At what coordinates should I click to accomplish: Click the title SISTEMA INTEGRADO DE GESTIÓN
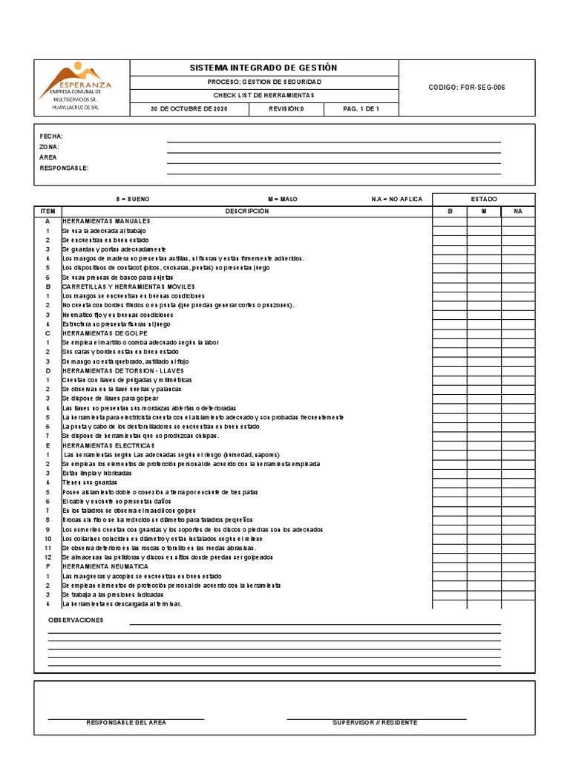point(263,68)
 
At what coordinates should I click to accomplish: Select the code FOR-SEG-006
point(467,88)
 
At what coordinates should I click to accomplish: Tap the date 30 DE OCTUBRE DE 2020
point(189,108)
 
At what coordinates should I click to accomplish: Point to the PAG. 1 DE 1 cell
point(361,108)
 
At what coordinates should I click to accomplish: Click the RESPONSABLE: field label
point(64,168)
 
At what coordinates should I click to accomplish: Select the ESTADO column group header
point(484,199)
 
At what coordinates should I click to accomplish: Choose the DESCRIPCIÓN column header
point(247,212)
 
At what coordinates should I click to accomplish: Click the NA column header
point(518,212)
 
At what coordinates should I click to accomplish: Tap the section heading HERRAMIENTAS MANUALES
point(106,221)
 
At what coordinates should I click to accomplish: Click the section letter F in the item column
point(47,566)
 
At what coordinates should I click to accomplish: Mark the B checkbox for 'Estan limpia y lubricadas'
point(450,473)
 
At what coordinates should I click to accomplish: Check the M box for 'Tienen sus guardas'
point(484,482)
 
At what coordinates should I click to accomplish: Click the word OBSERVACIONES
point(76,620)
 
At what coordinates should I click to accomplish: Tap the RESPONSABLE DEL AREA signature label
point(126,723)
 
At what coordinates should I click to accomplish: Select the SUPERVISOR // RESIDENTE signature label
point(375,723)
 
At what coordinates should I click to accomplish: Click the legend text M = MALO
point(284,200)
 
